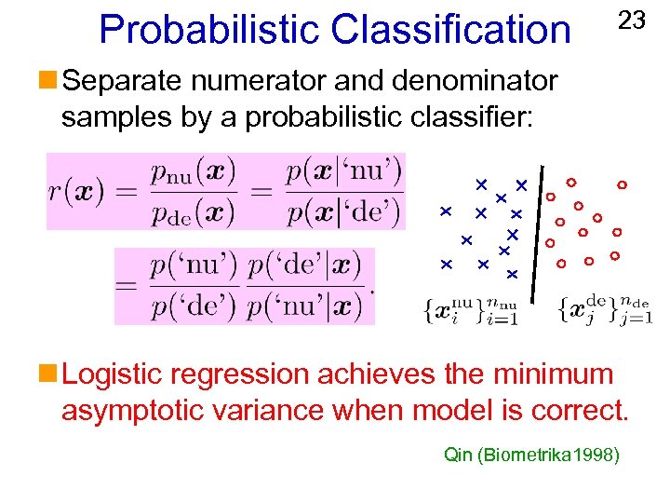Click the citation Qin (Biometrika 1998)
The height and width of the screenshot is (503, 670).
[x=531, y=455]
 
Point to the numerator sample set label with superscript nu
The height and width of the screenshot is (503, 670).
[x=470, y=308]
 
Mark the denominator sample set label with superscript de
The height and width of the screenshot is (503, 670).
[x=605, y=308]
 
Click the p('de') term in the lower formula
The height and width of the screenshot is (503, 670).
[x=194, y=305]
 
